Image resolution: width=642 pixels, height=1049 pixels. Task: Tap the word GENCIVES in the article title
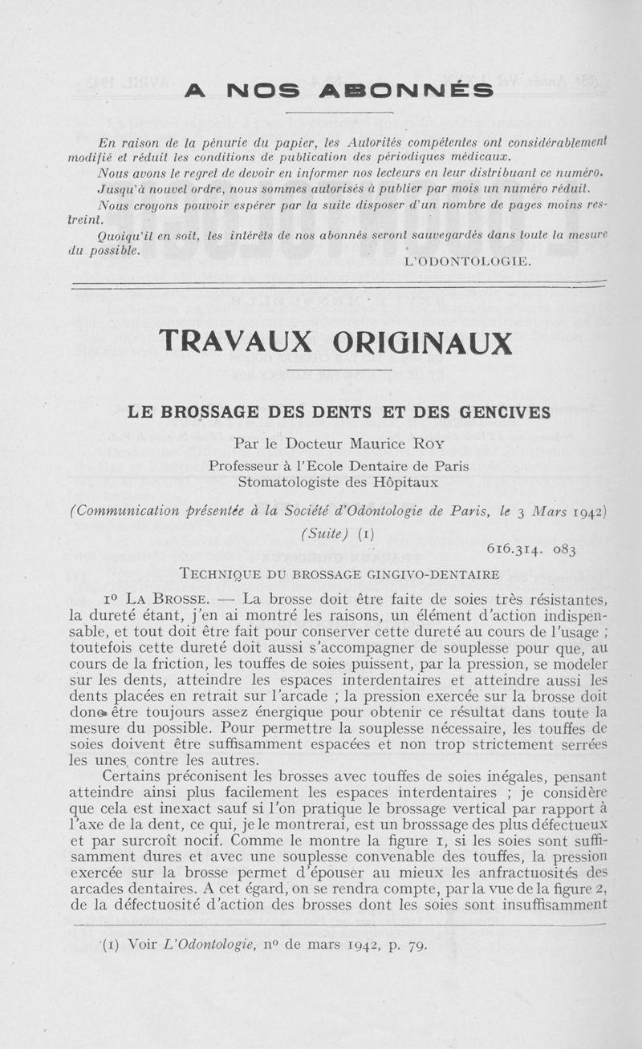click(504, 413)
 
